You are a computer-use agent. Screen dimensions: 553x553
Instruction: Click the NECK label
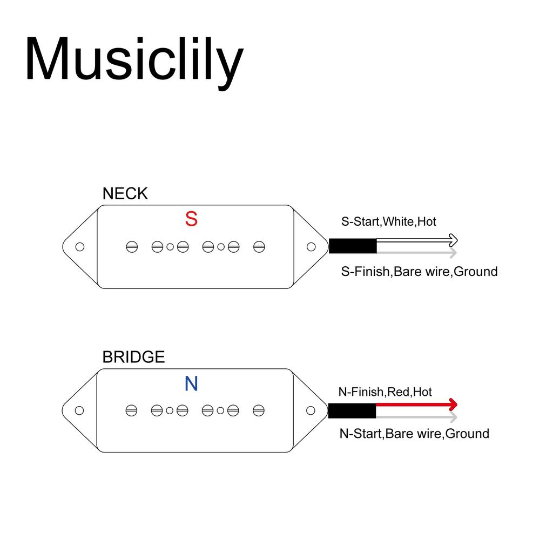(125, 194)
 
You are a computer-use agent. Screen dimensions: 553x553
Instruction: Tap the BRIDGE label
(134, 358)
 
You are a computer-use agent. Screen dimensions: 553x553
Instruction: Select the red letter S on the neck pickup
(191, 219)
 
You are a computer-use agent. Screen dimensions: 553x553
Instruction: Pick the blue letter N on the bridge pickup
(191, 383)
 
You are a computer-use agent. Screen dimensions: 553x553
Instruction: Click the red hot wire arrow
(416, 404)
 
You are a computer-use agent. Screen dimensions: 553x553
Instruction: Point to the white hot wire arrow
(417, 240)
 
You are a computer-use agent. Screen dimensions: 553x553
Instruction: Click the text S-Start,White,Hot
(389, 221)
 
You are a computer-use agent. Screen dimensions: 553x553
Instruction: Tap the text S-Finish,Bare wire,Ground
(419, 272)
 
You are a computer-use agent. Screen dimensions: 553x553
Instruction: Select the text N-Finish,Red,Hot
(385, 392)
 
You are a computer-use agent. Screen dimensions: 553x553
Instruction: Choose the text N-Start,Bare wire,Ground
(414, 434)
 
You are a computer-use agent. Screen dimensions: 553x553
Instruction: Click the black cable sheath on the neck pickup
(353, 246)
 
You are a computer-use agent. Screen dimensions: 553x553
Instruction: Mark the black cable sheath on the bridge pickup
(352, 411)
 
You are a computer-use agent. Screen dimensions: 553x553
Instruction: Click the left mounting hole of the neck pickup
(80, 247)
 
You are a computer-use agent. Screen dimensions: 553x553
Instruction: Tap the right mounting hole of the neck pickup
(311, 247)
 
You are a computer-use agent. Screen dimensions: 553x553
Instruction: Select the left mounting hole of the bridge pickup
(79, 410)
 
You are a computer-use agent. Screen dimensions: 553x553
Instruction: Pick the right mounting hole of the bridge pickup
(311, 410)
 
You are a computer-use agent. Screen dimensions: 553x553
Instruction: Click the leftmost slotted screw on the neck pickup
(132, 247)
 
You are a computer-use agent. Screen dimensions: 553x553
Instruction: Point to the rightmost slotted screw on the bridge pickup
(259, 410)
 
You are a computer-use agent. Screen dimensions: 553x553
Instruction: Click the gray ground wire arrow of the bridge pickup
(416, 417)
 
